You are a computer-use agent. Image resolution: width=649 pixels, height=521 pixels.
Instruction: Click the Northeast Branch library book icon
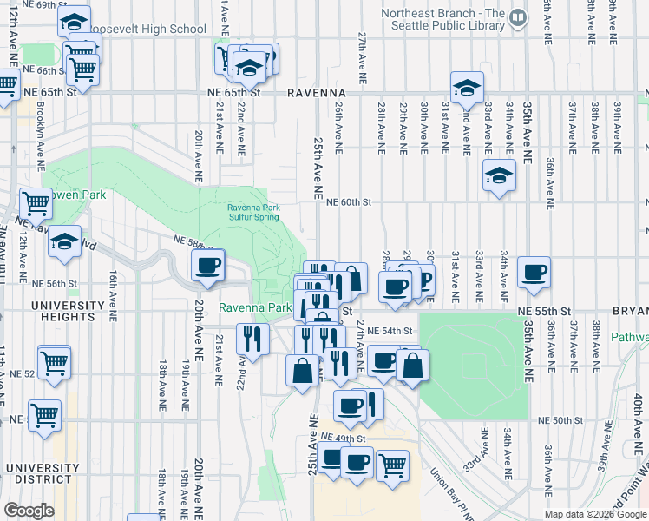[x=518, y=16]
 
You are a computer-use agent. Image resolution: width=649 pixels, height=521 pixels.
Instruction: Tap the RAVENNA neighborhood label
[x=319, y=92]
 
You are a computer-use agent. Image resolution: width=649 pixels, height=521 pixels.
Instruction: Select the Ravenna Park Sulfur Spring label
[x=253, y=212]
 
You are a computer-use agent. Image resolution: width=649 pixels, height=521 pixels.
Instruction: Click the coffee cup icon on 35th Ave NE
[x=534, y=272]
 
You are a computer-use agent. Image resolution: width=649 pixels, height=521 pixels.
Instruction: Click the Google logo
[x=29, y=511]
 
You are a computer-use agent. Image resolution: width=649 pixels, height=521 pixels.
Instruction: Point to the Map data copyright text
[x=594, y=514]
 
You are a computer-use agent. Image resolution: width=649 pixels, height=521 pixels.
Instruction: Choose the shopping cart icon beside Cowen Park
[x=36, y=203]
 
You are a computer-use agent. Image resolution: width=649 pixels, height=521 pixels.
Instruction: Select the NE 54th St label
[x=389, y=332]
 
